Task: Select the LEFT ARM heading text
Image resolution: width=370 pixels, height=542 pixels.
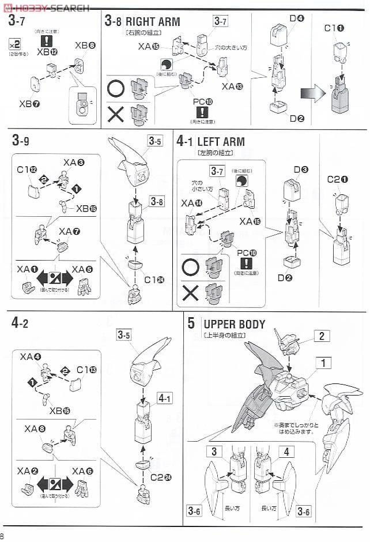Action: click(221, 141)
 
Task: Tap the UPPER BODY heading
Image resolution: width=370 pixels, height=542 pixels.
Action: click(235, 324)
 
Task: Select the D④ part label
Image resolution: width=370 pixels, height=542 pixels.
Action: click(296, 18)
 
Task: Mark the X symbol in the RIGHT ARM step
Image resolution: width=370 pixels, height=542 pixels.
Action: click(116, 114)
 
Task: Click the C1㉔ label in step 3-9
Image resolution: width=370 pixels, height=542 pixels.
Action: click(153, 280)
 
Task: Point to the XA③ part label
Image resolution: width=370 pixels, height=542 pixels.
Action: click(74, 163)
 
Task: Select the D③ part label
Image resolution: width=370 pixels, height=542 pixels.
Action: click(301, 170)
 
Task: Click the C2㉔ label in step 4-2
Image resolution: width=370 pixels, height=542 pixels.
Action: click(153, 477)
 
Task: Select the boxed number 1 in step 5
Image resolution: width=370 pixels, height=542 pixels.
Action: click(324, 363)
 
